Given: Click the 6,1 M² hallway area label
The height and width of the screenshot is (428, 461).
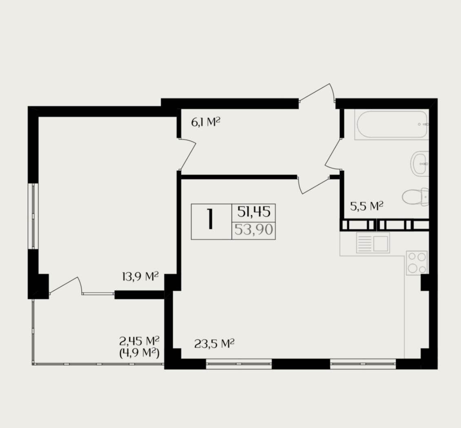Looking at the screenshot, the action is pos(206,122).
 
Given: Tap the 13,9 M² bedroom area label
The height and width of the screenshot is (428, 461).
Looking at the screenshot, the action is pos(140,276).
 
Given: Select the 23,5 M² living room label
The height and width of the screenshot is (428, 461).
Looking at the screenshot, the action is pos(214,343).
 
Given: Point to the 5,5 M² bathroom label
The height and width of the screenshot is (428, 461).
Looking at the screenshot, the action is pos(367,206).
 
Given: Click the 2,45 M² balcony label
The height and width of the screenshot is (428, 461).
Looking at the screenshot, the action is pos(140,341).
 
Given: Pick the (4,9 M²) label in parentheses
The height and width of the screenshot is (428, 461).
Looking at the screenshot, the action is pos(140,352).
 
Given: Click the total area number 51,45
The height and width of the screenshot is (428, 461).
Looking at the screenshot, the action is pos(254,212).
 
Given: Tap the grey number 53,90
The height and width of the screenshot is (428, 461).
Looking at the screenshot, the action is pos(254,230).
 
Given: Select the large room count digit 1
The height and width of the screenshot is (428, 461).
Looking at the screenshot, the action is pos(210,219).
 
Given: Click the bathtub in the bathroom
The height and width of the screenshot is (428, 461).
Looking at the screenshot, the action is pos(392,124).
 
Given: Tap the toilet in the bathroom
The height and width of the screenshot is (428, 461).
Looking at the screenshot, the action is pos(415,197).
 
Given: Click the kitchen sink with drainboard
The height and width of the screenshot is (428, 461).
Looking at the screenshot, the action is pos(373,243).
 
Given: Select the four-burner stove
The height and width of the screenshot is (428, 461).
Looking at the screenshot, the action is pos(417,263).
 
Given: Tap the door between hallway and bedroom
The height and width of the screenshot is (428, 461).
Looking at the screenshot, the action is pos(187,154).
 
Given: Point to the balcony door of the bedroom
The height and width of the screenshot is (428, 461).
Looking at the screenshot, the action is pos(65,285).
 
